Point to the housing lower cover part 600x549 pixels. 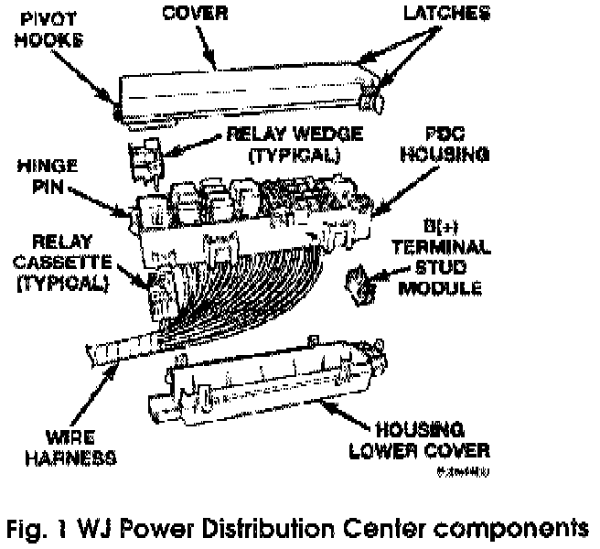tap(265, 384)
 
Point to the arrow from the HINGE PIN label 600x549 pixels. tap(103, 199)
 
